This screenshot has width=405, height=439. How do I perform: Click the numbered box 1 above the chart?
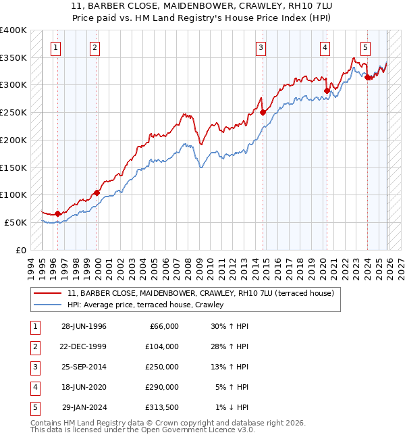(55, 47)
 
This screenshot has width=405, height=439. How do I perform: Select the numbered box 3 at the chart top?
(261, 47)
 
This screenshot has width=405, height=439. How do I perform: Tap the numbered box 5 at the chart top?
(365, 47)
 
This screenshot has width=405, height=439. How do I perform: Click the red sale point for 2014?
(263, 113)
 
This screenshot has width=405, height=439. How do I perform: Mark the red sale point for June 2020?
(327, 91)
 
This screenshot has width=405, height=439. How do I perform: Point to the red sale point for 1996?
(58, 213)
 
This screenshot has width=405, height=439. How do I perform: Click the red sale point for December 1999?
(97, 192)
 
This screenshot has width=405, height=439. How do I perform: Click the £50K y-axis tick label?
(16, 222)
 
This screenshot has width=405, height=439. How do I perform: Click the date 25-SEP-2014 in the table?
(84, 367)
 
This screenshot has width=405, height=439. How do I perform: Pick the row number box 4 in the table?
(34, 387)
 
